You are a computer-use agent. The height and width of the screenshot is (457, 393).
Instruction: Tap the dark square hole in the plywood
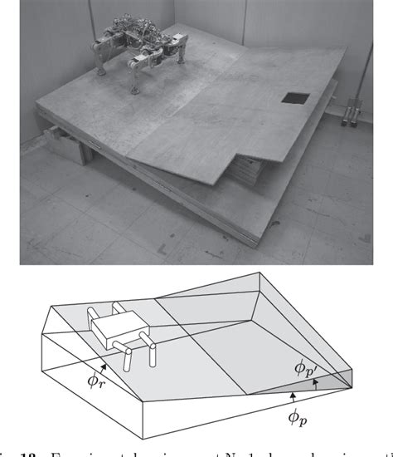(x=293, y=99)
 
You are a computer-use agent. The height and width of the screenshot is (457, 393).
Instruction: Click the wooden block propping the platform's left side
(x=61, y=135)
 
